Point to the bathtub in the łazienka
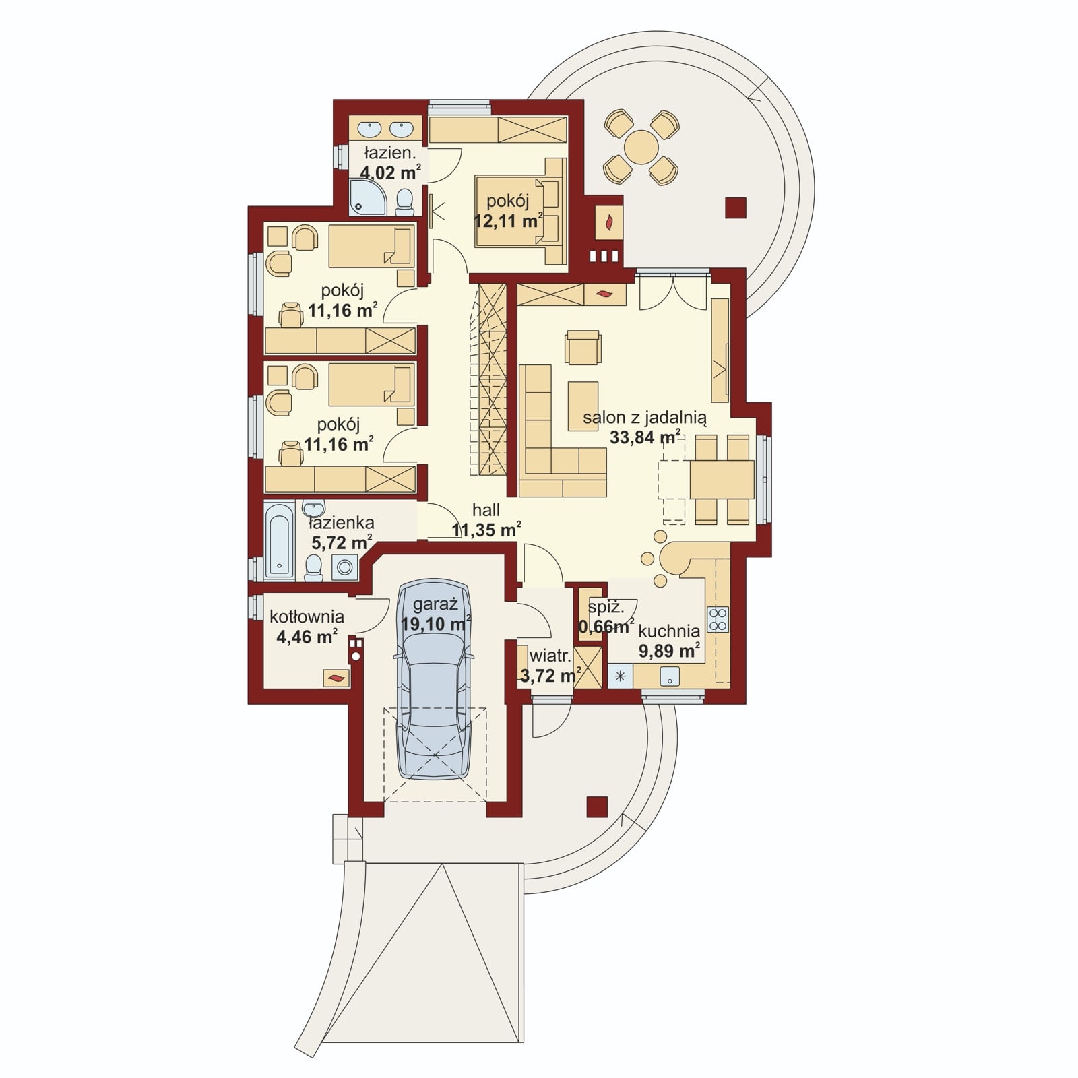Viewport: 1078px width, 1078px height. (280, 539)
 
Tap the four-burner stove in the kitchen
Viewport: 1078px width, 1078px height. (718, 619)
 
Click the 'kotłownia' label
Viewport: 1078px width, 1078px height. (307, 616)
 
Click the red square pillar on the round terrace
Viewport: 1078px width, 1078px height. (736, 208)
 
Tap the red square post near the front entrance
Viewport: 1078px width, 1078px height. (597, 806)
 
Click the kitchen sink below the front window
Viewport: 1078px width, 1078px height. (670, 676)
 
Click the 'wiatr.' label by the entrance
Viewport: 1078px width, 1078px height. (551, 656)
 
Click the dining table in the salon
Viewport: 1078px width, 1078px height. (721, 479)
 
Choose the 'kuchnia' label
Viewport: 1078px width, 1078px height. (669, 631)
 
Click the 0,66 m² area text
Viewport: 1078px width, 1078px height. (606, 627)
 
